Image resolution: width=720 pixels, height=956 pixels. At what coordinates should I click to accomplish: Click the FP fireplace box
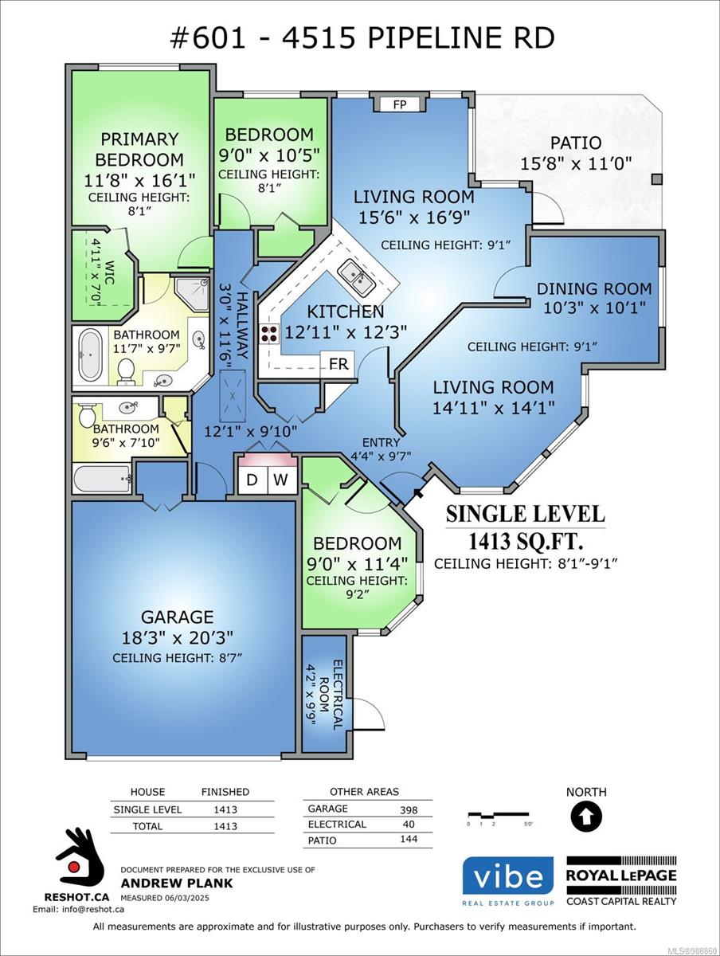tap(400, 104)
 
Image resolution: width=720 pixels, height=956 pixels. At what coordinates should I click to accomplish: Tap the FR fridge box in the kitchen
tap(338, 363)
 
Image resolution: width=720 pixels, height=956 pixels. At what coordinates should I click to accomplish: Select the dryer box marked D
tap(252, 480)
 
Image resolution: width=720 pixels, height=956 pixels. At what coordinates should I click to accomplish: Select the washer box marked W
tap(282, 480)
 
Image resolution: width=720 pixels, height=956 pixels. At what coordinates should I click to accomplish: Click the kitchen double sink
tap(357, 277)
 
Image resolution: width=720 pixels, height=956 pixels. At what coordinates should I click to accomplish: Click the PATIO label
tap(576, 143)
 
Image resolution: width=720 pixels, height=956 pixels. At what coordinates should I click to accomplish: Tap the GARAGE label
tap(177, 617)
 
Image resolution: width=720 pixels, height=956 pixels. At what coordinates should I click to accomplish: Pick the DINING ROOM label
tap(594, 288)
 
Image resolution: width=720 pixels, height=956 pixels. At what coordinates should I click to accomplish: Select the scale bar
tap(499, 814)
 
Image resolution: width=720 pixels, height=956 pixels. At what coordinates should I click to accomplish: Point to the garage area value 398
tap(409, 809)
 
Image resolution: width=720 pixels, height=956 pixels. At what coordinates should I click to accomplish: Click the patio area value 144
tap(409, 839)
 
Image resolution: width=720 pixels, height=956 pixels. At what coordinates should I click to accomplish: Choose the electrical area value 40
tap(409, 824)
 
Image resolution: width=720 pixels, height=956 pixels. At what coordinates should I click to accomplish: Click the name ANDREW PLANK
tap(176, 883)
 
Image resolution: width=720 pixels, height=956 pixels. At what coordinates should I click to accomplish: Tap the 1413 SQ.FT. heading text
tap(526, 542)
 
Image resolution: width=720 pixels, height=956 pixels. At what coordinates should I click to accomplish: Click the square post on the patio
tap(657, 179)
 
